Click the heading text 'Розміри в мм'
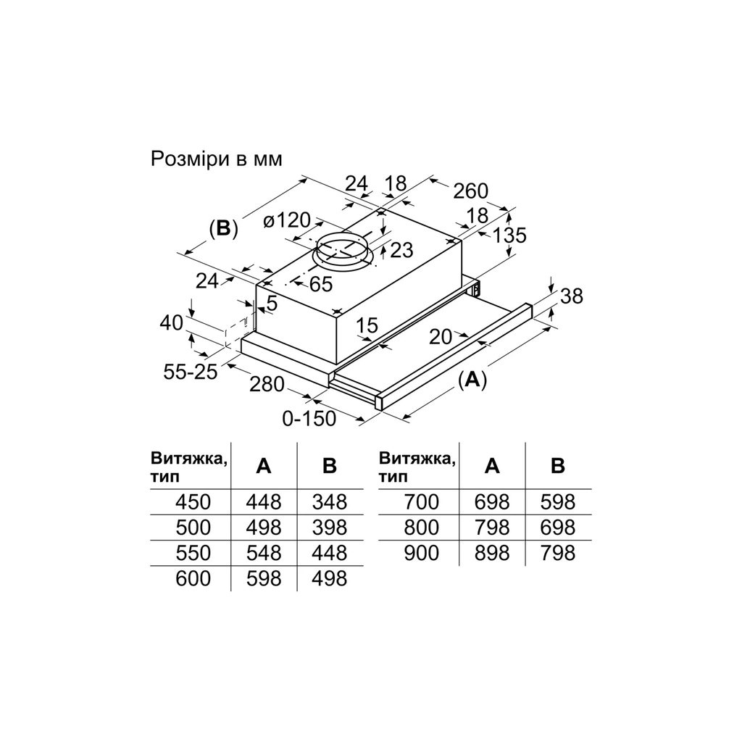click(215, 159)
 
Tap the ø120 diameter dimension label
click(287, 220)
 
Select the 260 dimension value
click(470, 191)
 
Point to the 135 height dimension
click(509, 235)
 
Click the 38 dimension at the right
click(572, 296)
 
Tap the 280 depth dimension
click(266, 383)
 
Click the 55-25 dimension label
click(189, 372)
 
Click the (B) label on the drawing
click(223, 228)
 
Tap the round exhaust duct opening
click(341, 249)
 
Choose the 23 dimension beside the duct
click(401, 251)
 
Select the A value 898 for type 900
click(491, 554)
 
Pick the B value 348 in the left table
click(329, 501)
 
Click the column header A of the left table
click(264, 467)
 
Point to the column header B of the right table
click(557, 466)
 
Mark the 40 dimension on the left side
click(172, 323)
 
